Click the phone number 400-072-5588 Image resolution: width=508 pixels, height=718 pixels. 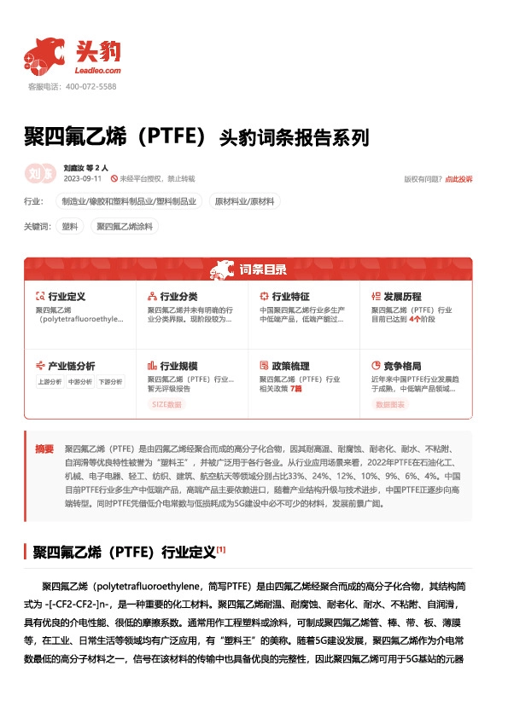click(91, 87)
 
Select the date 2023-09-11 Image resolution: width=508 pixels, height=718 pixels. click(83, 178)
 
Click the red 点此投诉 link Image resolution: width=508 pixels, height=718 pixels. click(458, 179)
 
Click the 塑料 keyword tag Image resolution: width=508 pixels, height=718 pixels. click(70, 227)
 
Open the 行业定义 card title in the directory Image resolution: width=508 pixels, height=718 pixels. click(66, 297)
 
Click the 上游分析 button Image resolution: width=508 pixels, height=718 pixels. click(49, 382)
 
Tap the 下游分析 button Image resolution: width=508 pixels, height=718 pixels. click(110, 382)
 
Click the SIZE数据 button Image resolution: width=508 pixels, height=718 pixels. click(166, 404)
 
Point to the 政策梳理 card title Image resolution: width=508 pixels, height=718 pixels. click(288, 366)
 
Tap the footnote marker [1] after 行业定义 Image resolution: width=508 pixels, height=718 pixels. click(221, 549)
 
